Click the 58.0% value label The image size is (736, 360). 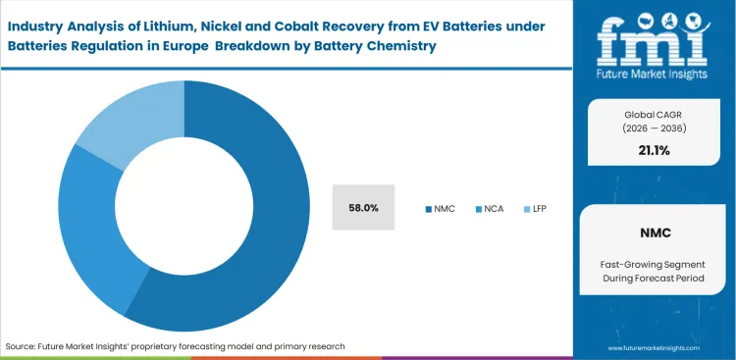tap(363, 207)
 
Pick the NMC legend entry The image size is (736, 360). tap(441, 208)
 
